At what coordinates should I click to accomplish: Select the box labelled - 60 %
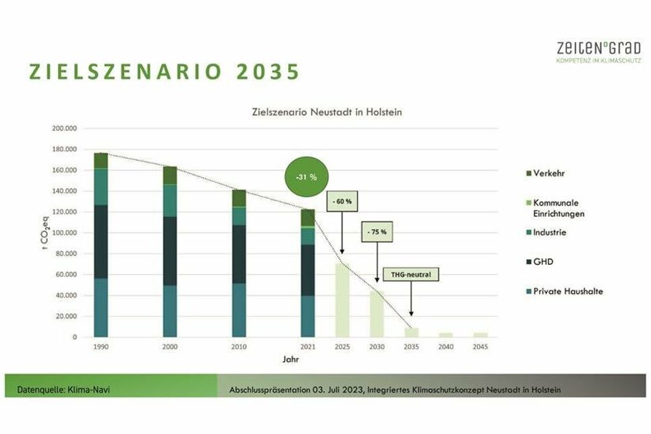click(x=342, y=201)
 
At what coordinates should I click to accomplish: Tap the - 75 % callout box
click(x=377, y=231)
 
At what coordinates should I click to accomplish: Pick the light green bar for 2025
click(x=342, y=300)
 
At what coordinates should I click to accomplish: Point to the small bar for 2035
click(x=411, y=332)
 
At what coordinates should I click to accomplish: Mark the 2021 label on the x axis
click(x=308, y=346)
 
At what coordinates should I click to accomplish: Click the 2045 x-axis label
click(x=480, y=346)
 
